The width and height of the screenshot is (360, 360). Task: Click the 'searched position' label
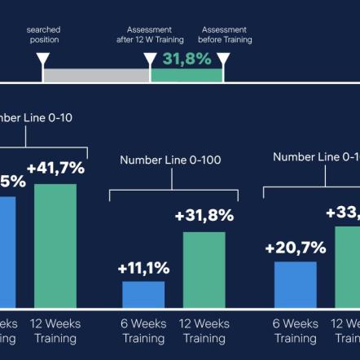tap(43, 34)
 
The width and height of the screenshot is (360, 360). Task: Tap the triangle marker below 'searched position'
tap(43, 60)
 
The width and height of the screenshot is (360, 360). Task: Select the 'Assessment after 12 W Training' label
tap(150, 34)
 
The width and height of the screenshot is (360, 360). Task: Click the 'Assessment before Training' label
tap(225, 34)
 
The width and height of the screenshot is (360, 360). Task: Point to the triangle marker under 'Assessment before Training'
tap(223, 60)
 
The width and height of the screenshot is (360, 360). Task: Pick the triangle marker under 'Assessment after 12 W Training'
tap(150, 60)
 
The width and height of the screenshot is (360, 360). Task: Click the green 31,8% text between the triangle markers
tap(187, 59)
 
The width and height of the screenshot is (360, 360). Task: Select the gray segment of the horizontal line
tap(96, 75)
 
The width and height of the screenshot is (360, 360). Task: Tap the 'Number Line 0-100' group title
tap(170, 160)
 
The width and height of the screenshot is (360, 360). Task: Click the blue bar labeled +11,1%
tap(143, 294)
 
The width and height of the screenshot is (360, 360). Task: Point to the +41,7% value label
tap(55, 169)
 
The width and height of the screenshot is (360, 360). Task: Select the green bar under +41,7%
tap(55, 244)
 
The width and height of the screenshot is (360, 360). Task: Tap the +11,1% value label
tap(143, 268)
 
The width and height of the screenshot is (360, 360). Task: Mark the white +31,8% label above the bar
tap(204, 217)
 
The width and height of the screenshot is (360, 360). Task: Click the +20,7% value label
tap(295, 248)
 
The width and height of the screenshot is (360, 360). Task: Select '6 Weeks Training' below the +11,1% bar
tap(143, 331)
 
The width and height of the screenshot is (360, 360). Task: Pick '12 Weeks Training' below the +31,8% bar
tap(204, 331)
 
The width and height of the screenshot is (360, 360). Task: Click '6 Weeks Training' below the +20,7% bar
tap(295, 331)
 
